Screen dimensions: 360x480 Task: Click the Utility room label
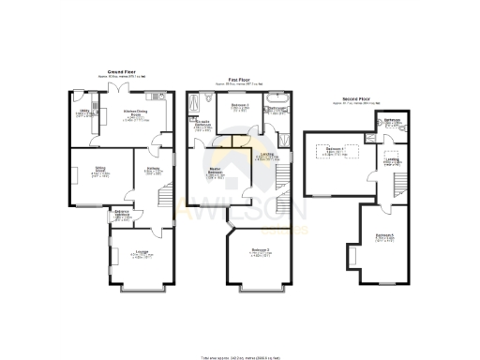[x=82, y=113]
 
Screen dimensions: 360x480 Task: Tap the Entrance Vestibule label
[x=122, y=216]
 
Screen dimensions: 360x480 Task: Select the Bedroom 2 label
[x=260, y=250]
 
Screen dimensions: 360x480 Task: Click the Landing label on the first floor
[x=267, y=154]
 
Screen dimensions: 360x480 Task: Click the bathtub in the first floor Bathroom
[x=278, y=97]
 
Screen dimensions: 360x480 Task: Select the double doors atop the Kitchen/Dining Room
[x=118, y=88]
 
